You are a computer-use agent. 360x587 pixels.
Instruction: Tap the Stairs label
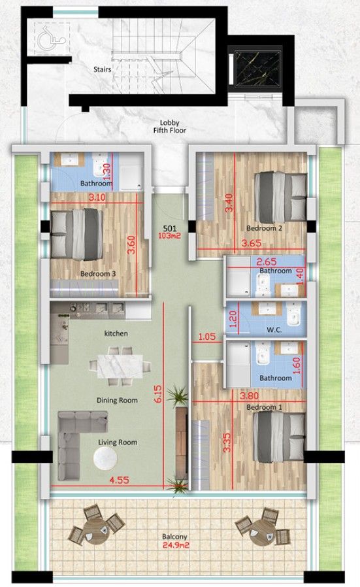[x=102, y=67]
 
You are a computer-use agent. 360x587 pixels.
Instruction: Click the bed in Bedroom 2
[x=280, y=197]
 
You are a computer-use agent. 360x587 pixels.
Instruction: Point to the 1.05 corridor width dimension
[x=206, y=337]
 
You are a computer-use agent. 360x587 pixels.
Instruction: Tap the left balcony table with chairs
[x=97, y=527]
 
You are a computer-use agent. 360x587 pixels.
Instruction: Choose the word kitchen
[x=116, y=333]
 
